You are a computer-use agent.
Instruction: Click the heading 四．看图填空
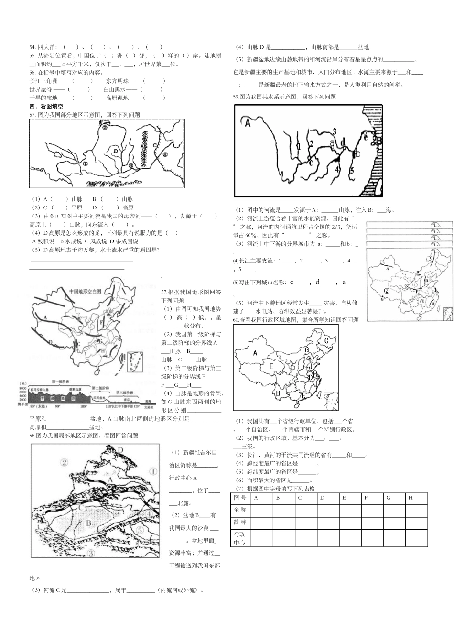[46, 106]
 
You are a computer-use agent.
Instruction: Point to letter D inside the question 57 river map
[116, 150]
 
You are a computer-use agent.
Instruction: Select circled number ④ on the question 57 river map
[165, 154]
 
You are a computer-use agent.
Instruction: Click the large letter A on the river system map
[248, 123]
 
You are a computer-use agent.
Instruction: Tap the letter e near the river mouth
[366, 137]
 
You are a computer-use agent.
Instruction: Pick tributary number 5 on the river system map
[351, 170]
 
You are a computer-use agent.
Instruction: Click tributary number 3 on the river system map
[334, 131]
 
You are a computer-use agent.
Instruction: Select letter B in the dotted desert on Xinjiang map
[88, 523]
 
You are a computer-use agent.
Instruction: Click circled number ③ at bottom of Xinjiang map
[91, 553]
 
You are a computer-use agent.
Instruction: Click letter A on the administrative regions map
[255, 353]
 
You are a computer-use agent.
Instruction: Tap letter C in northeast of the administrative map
[327, 340]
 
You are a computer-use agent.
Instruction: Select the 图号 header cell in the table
[240, 498]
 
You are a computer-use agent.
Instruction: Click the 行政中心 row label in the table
[240, 538]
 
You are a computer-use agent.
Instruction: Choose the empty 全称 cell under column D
[328, 510]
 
